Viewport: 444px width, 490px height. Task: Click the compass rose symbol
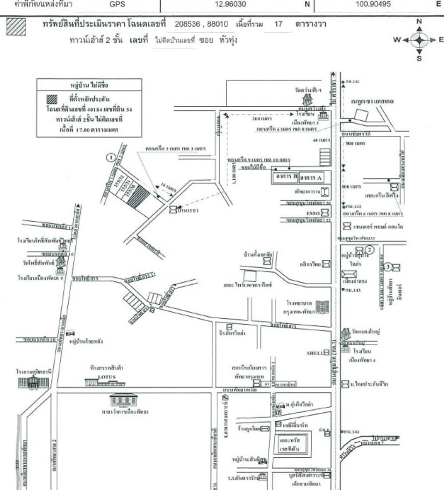click(x=419, y=40)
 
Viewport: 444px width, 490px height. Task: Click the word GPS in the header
click(x=117, y=6)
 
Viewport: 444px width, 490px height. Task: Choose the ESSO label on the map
click(x=312, y=213)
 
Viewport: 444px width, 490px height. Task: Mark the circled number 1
click(x=111, y=158)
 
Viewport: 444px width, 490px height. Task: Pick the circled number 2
click(x=369, y=249)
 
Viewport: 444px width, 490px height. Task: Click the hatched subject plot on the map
click(x=139, y=198)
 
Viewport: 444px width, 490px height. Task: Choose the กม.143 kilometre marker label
click(x=352, y=291)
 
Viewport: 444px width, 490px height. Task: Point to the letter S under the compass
click(x=419, y=58)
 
